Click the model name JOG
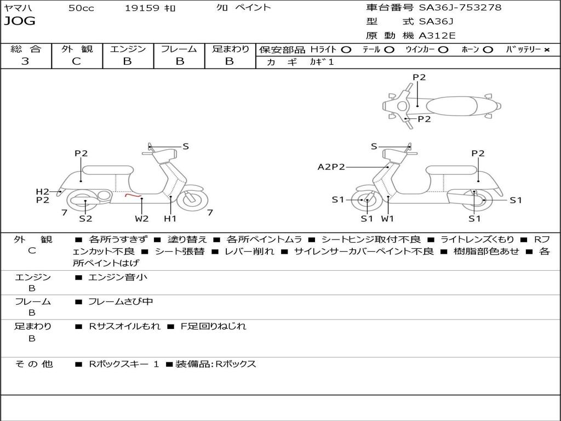pyautogui.click(x=20, y=21)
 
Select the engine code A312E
pyautogui.click(x=437, y=36)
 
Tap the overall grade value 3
pyautogui.click(x=25, y=61)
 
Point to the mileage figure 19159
pyautogui.click(x=142, y=8)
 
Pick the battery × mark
pyautogui.click(x=546, y=49)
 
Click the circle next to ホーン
pyautogui.click(x=488, y=49)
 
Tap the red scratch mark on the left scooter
pyautogui.click(x=133, y=195)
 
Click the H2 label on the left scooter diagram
pyautogui.click(x=42, y=191)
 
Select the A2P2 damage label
pyautogui.click(x=331, y=167)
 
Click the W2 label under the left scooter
pyautogui.click(x=142, y=219)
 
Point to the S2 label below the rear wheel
pyautogui.click(x=85, y=219)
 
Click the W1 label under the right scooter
pyautogui.click(x=387, y=219)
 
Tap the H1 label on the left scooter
pyautogui.click(x=170, y=219)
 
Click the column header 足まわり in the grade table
pyautogui.click(x=230, y=49)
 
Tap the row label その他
pyautogui.click(x=34, y=364)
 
